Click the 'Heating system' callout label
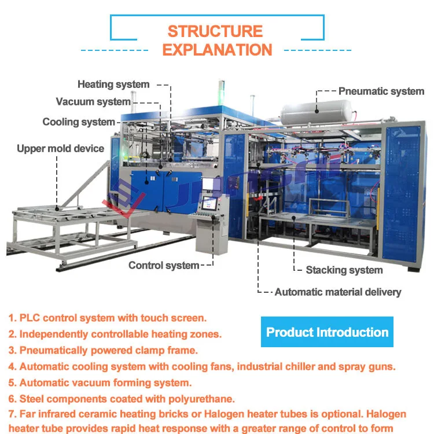113,84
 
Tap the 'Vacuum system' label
93,102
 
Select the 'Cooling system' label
79,122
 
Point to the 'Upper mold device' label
60,149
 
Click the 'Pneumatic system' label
381,91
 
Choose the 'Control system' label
163,266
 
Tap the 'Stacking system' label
344,270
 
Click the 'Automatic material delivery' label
337,292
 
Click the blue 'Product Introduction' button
327,332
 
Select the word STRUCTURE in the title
215,31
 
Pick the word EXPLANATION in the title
217,50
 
